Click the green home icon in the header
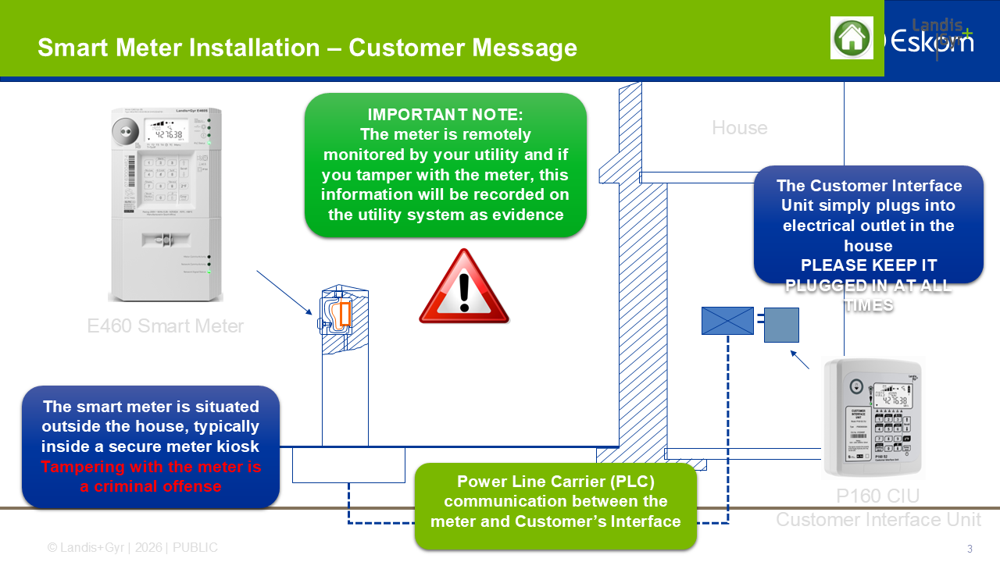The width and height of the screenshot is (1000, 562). click(x=852, y=37)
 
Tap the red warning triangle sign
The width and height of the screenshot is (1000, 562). click(x=464, y=288)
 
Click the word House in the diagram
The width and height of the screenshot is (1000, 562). click(x=739, y=127)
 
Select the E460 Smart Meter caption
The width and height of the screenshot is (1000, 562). click(x=166, y=325)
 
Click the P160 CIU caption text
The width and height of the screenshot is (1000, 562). click(x=877, y=496)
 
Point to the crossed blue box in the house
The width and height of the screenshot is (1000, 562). click(x=727, y=321)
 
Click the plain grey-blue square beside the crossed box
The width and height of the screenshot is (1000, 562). click(x=781, y=325)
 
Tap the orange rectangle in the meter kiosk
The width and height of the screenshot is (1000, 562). click(x=345, y=313)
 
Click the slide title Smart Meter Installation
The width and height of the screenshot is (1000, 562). click(x=307, y=48)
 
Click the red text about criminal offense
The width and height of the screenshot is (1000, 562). click(x=151, y=477)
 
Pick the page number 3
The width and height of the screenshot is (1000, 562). click(x=970, y=548)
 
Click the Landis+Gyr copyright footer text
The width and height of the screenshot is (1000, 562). click(x=133, y=548)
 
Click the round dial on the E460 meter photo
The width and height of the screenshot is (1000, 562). click(x=123, y=131)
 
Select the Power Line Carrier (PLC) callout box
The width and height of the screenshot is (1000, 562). click(x=555, y=501)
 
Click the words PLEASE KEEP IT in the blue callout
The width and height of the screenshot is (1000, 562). click(x=868, y=265)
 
